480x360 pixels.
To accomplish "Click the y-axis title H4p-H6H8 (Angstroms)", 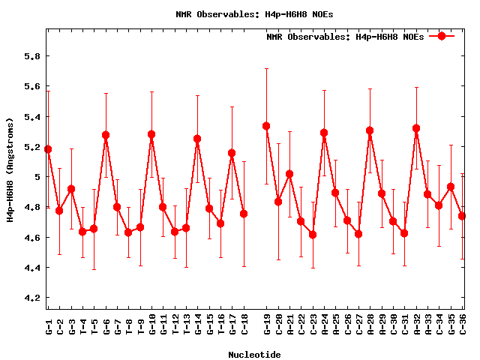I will [10, 169].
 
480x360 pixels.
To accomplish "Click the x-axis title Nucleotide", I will [255, 355].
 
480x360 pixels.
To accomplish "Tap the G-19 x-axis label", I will [266, 325].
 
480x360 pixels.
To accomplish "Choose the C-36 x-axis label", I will [463, 325].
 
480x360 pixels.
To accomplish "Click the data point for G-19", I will [266, 126].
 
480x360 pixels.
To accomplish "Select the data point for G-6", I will [106, 136].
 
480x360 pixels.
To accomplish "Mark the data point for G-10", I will [151, 134].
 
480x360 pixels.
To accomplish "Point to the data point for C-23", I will [312, 235].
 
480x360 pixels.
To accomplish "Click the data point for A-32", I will [416, 128].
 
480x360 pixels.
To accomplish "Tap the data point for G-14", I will [197, 139].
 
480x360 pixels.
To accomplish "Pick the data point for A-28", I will [370, 130].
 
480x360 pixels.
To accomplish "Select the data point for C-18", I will [244, 214].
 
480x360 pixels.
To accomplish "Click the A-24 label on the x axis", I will [324, 325].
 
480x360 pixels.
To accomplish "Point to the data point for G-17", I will [232, 153].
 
